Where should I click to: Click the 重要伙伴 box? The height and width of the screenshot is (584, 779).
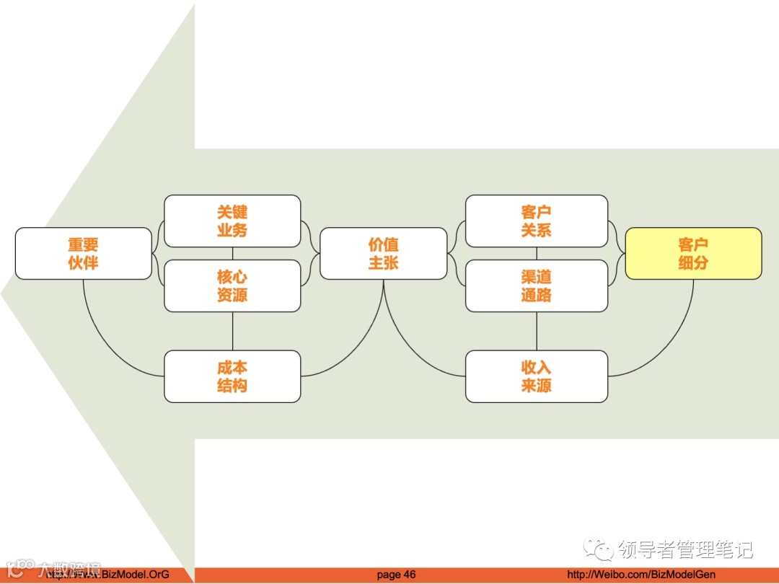pyautogui.click(x=84, y=254)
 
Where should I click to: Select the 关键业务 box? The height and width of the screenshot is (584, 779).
pyautogui.click(x=232, y=221)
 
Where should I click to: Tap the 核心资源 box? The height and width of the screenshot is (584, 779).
pyautogui.click(x=232, y=286)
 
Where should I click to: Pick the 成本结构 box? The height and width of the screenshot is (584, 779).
pyautogui.click(x=232, y=376)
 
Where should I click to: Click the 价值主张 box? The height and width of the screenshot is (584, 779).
pyautogui.click(x=384, y=254)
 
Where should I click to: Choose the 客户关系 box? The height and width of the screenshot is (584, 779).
pyautogui.click(x=536, y=221)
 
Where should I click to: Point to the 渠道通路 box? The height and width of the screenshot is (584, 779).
pyautogui.click(x=536, y=286)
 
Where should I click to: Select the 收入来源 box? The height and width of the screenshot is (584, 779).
pyautogui.click(x=536, y=376)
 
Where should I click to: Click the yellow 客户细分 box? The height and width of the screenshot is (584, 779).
pyautogui.click(x=693, y=254)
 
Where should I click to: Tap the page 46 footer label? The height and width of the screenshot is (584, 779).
pyautogui.click(x=396, y=575)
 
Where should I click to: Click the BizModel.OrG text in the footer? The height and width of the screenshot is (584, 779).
pyautogui.click(x=133, y=575)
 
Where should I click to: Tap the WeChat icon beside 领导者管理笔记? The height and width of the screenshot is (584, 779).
pyautogui.click(x=600, y=549)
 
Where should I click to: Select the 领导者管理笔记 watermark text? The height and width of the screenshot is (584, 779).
pyautogui.click(x=685, y=549)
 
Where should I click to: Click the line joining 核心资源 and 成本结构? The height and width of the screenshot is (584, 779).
pyautogui.click(x=232, y=331)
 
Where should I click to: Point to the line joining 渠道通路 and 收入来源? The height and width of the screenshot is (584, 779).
pyautogui.click(x=536, y=331)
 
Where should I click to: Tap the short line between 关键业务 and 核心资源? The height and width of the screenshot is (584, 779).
pyautogui.click(x=232, y=253)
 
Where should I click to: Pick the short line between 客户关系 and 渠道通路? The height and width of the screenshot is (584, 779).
pyautogui.click(x=536, y=253)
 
